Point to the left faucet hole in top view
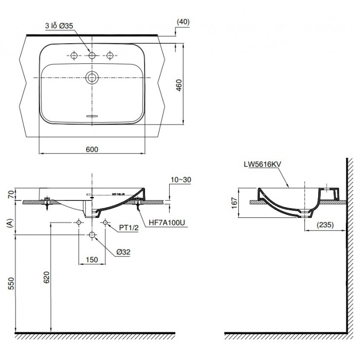[x=74, y=55]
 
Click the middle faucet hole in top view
[x=91, y=55]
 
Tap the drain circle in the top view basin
[x=91, y=76]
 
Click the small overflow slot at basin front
[x=91, y=117]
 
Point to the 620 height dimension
[x=44, y=277]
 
